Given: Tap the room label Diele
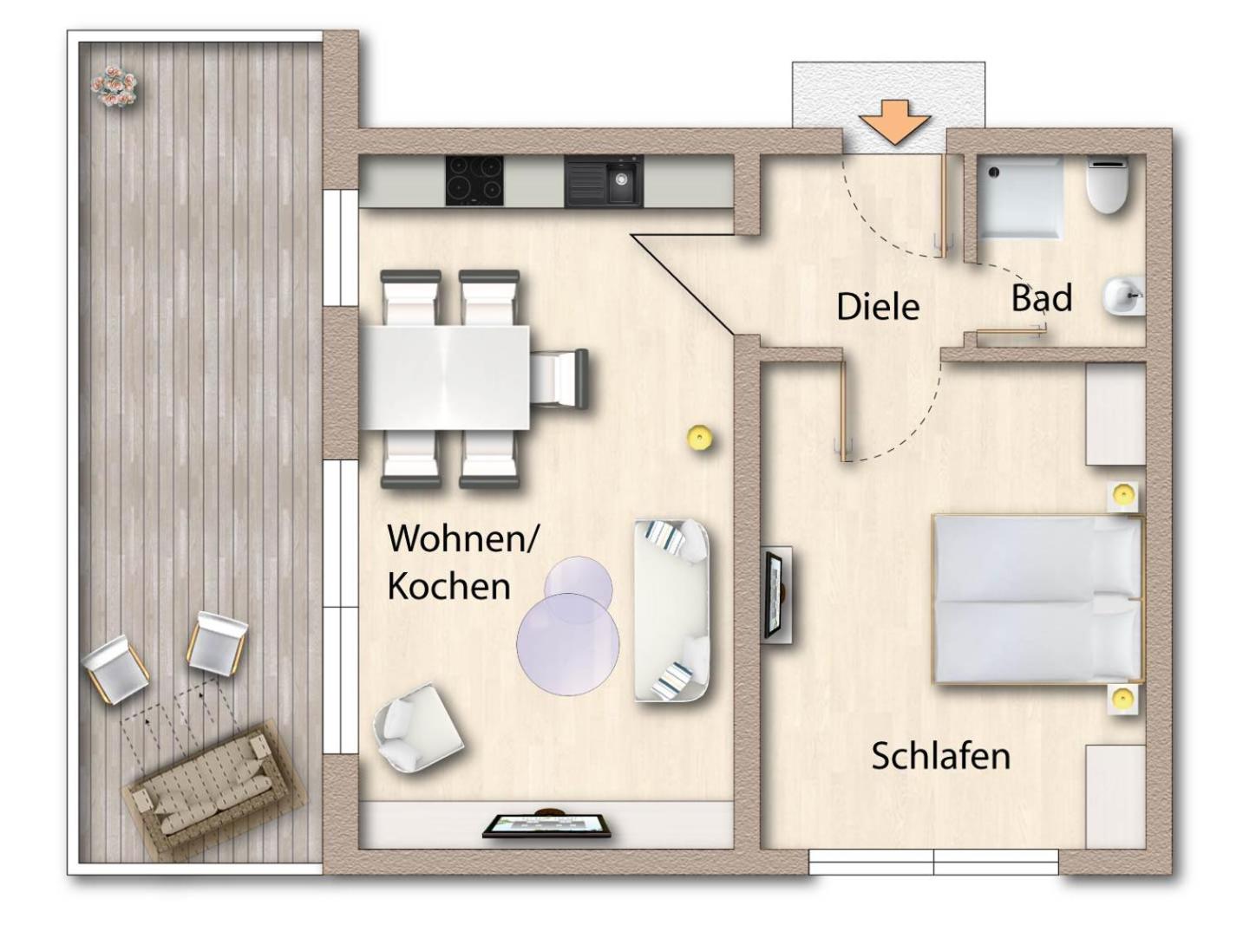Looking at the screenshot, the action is (878, 307).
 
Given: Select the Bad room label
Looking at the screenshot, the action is (1042, 297).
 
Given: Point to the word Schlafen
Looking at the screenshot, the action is (941, 756).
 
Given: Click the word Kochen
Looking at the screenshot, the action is (448, 586).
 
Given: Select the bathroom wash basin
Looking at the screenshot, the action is (1123, 296).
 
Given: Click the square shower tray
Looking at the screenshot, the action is (1019, 199).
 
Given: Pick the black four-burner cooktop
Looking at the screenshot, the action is (474, 180).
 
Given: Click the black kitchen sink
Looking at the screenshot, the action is (604, 181).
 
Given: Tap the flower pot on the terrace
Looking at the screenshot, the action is (114, 85).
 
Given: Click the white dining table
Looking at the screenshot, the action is (446, 378).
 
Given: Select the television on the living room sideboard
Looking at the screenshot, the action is (546, 825).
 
